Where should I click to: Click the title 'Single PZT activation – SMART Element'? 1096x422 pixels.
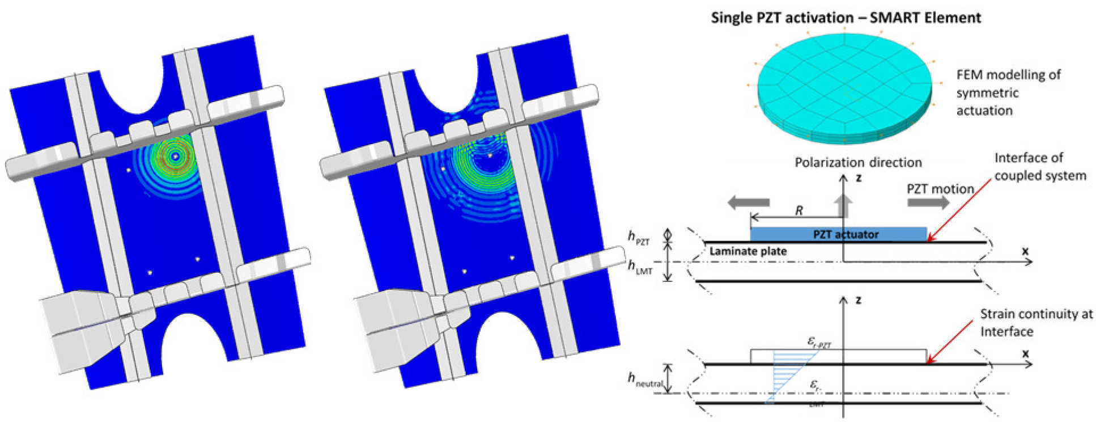coord(846,18)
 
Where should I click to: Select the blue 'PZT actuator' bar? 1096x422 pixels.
coord(838,234)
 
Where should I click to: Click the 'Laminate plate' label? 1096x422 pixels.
coord(747,251)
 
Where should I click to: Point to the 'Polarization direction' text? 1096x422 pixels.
coord(857,163)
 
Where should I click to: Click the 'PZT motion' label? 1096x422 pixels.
coord(940,189)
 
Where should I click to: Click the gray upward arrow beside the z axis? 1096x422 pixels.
coord(843,205)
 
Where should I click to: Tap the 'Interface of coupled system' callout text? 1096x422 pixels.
coord(1040,167)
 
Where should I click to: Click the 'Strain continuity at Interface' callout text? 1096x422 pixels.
coord(1036,322)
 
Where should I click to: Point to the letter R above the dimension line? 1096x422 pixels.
coord(799,211)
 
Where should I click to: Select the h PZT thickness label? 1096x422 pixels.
coord(639,238)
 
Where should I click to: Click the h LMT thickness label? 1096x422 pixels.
coord(640,267)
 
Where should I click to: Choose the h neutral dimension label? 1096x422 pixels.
coord(645,379)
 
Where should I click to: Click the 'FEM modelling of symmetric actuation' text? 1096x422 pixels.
coord(1008,92)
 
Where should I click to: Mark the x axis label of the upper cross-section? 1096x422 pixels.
coord(1025,251)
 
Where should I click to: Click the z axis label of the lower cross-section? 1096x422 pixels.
coord(858,299)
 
